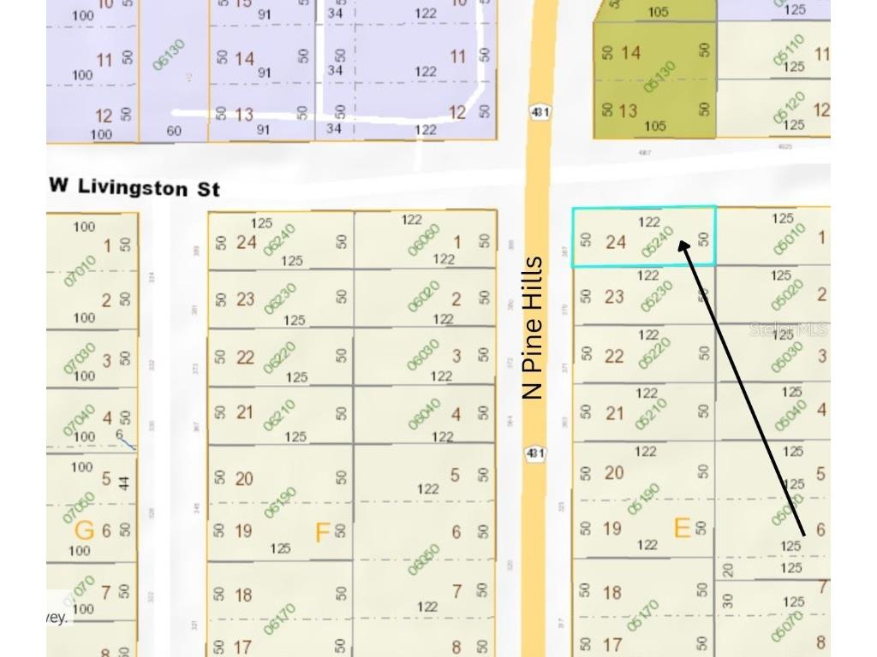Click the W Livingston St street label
[x=134, y=186]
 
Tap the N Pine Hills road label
[x=533, y=328]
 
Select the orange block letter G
[x=84, y=530]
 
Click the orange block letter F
[x=322, y=533]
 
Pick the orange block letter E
[x=682, y=528]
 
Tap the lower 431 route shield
[x=535, y=453]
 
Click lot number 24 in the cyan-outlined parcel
[x=616, y=242]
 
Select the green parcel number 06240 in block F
[x=279, y=240]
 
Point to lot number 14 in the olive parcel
[x=630, y=53]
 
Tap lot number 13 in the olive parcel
[x=628, y=110]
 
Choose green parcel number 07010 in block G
[x=80, y=268]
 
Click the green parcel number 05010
[x=789, y=240]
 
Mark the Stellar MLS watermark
[x=789, y=329]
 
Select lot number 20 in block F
[x=244, y=478]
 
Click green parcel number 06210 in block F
[x=279, y=414]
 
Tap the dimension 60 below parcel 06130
[x=175, y=131]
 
